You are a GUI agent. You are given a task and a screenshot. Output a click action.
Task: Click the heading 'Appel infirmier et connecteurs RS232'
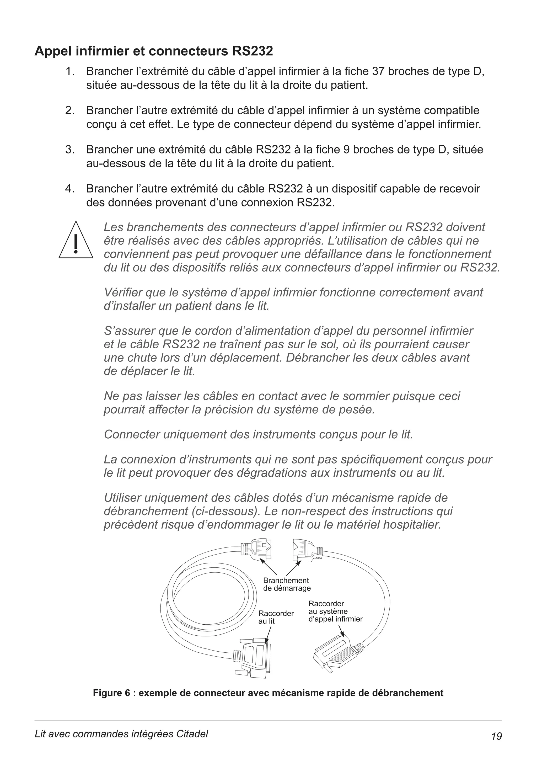(x=154, y=51)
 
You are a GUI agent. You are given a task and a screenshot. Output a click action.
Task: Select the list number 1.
(x=69, y=71)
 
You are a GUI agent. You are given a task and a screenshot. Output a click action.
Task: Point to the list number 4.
(x=69, y=189)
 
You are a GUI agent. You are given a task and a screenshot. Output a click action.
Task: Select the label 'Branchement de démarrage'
(x=287, y=584)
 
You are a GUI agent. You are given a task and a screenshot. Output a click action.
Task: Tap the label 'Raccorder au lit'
(x=276, y=617)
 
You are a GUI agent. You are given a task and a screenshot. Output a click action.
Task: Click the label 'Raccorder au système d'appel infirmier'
(x=335, y=611)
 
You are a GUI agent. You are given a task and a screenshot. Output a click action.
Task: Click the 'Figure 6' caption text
(x=268, y=693)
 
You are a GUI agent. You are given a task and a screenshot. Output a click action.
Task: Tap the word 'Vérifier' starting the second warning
(x=123, y=292)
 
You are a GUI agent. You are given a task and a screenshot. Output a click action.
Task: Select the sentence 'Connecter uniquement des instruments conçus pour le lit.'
(x=258, y=434)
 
